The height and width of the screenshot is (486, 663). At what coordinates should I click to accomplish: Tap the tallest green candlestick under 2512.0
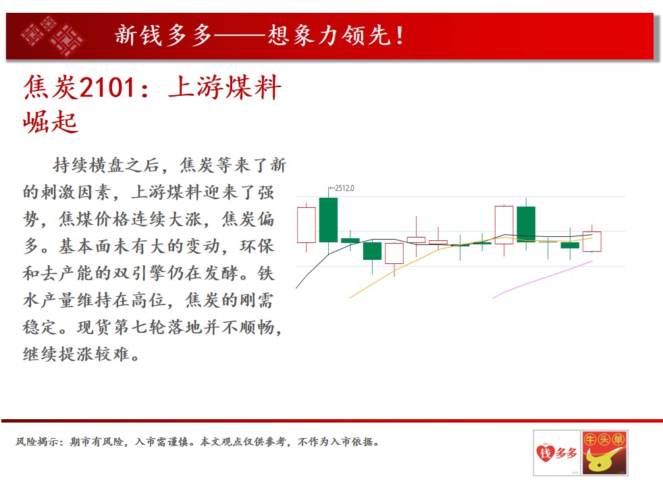(329, 220)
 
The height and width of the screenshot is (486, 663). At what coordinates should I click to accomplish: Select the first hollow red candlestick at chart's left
(307, 225)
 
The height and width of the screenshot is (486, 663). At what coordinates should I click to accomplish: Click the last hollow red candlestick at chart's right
(592, 241)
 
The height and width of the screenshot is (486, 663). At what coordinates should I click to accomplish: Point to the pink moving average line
(543, 279)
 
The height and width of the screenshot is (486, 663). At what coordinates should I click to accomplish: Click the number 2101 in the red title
(107, 88)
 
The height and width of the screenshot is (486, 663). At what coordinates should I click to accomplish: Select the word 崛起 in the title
(51, 122)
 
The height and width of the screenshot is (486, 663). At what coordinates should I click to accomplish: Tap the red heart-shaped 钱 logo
(546, 453)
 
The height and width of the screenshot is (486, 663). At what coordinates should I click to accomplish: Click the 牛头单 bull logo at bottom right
(604, 453)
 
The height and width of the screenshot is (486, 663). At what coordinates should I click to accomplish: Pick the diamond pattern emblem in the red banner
(53, 36)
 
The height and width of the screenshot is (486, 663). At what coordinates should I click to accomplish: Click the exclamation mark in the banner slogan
(399, 35)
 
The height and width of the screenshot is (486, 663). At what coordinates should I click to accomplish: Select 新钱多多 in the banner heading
(163, 34)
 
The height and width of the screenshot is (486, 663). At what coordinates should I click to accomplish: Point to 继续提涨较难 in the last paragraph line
(76, 354)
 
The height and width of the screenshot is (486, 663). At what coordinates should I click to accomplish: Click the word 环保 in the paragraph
(257, 246)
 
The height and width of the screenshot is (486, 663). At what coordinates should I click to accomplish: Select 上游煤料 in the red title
(225, 88)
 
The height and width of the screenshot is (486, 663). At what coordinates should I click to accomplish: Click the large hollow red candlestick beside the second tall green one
(504, 224)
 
